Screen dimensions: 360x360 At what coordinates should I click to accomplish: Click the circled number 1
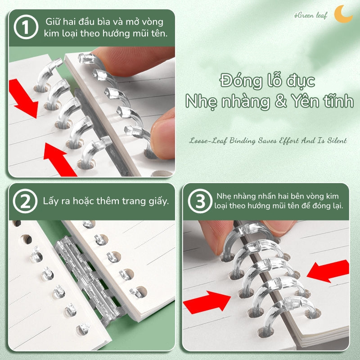26,27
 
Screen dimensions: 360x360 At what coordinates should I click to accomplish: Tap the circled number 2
25,201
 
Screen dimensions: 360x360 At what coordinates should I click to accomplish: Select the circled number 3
200,201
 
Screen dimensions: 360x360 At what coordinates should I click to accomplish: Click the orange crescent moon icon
342,14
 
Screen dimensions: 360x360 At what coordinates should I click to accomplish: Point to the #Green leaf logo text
310,16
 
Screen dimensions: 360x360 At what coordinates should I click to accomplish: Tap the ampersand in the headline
280,101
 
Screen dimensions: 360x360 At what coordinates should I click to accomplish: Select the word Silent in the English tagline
337,140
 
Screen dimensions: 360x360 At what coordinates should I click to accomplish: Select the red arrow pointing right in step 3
207,302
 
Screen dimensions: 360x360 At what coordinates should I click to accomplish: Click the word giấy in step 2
159,202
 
